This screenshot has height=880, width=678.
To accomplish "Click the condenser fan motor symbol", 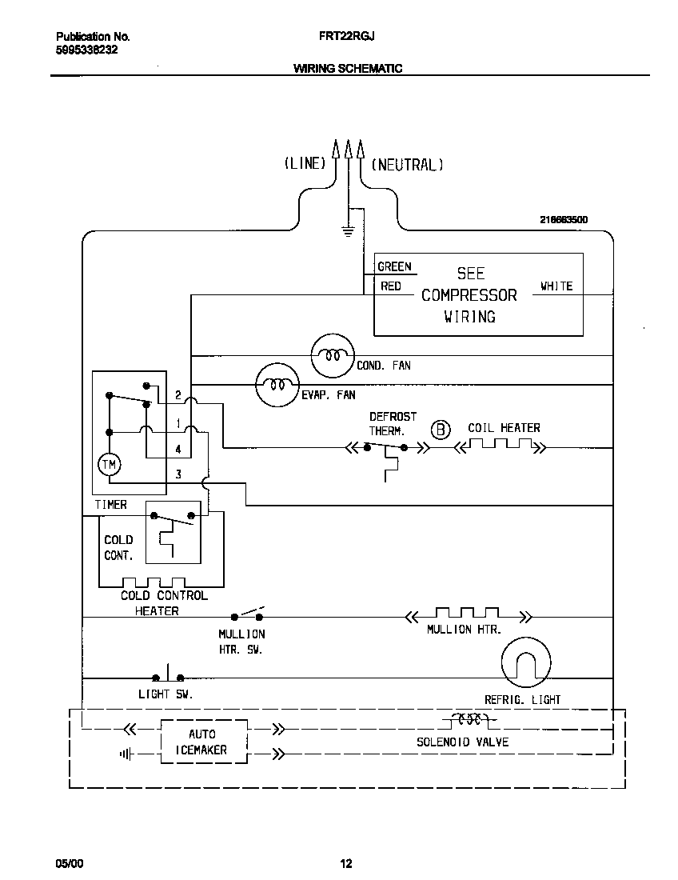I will [x=331, y=355].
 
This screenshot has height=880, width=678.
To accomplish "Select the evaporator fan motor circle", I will [x=277, y=386].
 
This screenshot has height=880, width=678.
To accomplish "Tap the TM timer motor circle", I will [x=108, y=463].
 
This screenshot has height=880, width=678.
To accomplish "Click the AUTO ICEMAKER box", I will [x=204, y=742].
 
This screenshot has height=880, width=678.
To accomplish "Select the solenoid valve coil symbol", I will [x=469, y=718].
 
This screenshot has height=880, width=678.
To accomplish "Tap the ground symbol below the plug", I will [x=348, y=231].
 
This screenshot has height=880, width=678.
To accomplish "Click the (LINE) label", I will [x=305, y=164].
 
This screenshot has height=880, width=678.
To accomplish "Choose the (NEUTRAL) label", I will [x=407, y=164].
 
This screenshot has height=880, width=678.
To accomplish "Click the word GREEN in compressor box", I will [x=394, y=267].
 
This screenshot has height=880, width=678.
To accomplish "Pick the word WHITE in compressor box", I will [x=556, y=286].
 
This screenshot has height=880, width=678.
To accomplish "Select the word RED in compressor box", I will [x=390, y=286].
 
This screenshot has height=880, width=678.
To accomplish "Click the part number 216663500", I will [x=564, y=218].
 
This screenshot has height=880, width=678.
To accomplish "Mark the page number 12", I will [x=346, y=863].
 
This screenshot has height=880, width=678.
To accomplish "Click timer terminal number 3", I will [x=178, y=474].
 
